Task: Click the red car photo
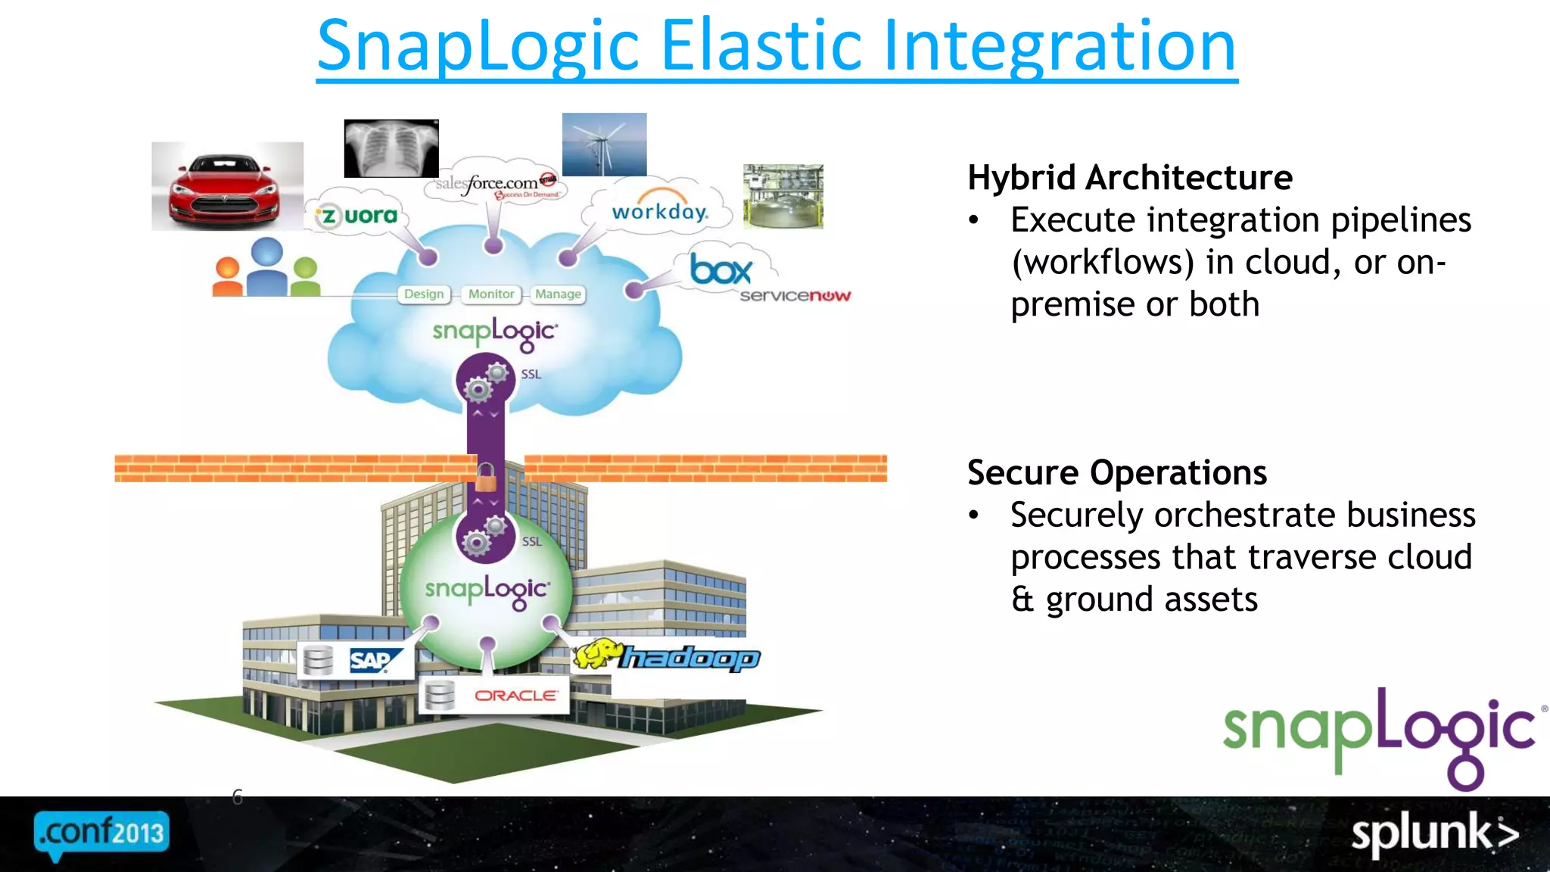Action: [227, 186]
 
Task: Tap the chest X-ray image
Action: [391, 148]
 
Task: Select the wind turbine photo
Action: [604, 145]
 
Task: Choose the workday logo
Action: [659, 210]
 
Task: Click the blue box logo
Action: [721, 269]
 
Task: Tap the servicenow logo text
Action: [795, 295]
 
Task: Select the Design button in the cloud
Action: [424, 294]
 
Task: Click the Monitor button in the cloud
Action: [490, 294]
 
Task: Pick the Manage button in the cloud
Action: [558, 294]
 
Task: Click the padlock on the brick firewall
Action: [486, 478]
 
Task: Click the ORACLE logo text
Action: [516, 695]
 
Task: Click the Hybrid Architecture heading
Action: [1129, 178]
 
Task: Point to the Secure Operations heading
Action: [1116, 473]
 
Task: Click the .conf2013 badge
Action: [101, 833]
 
